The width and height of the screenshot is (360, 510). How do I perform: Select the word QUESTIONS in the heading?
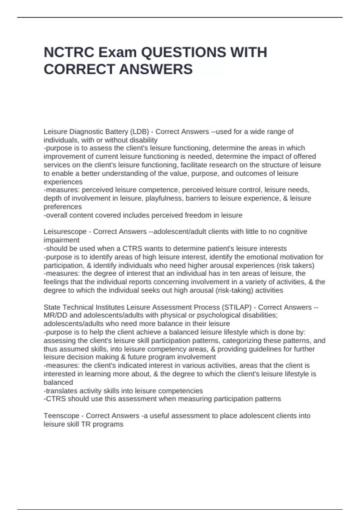[x=183, y=52]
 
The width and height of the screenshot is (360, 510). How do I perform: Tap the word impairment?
[x=61, y=240]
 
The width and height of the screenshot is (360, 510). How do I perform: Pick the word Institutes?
[x=109, y=307]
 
